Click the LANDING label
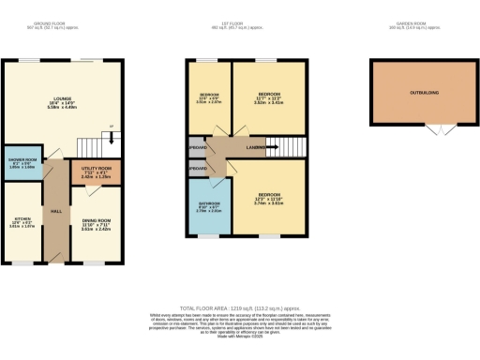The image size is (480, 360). tap(254, 147)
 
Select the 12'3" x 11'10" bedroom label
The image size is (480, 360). tap(268, 199)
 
